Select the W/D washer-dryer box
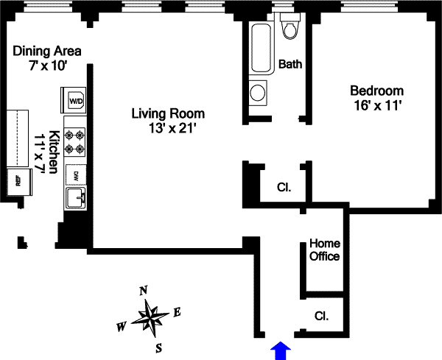click(76, 99)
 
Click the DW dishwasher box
click(75, 174)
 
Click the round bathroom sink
click(258, 93)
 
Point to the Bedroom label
click(376, 91)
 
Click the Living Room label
click(168, 114)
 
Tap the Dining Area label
click(47, 52)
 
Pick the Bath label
click(290, 65)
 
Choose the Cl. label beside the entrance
click(321, 316)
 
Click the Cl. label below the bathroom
click(284, 187)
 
